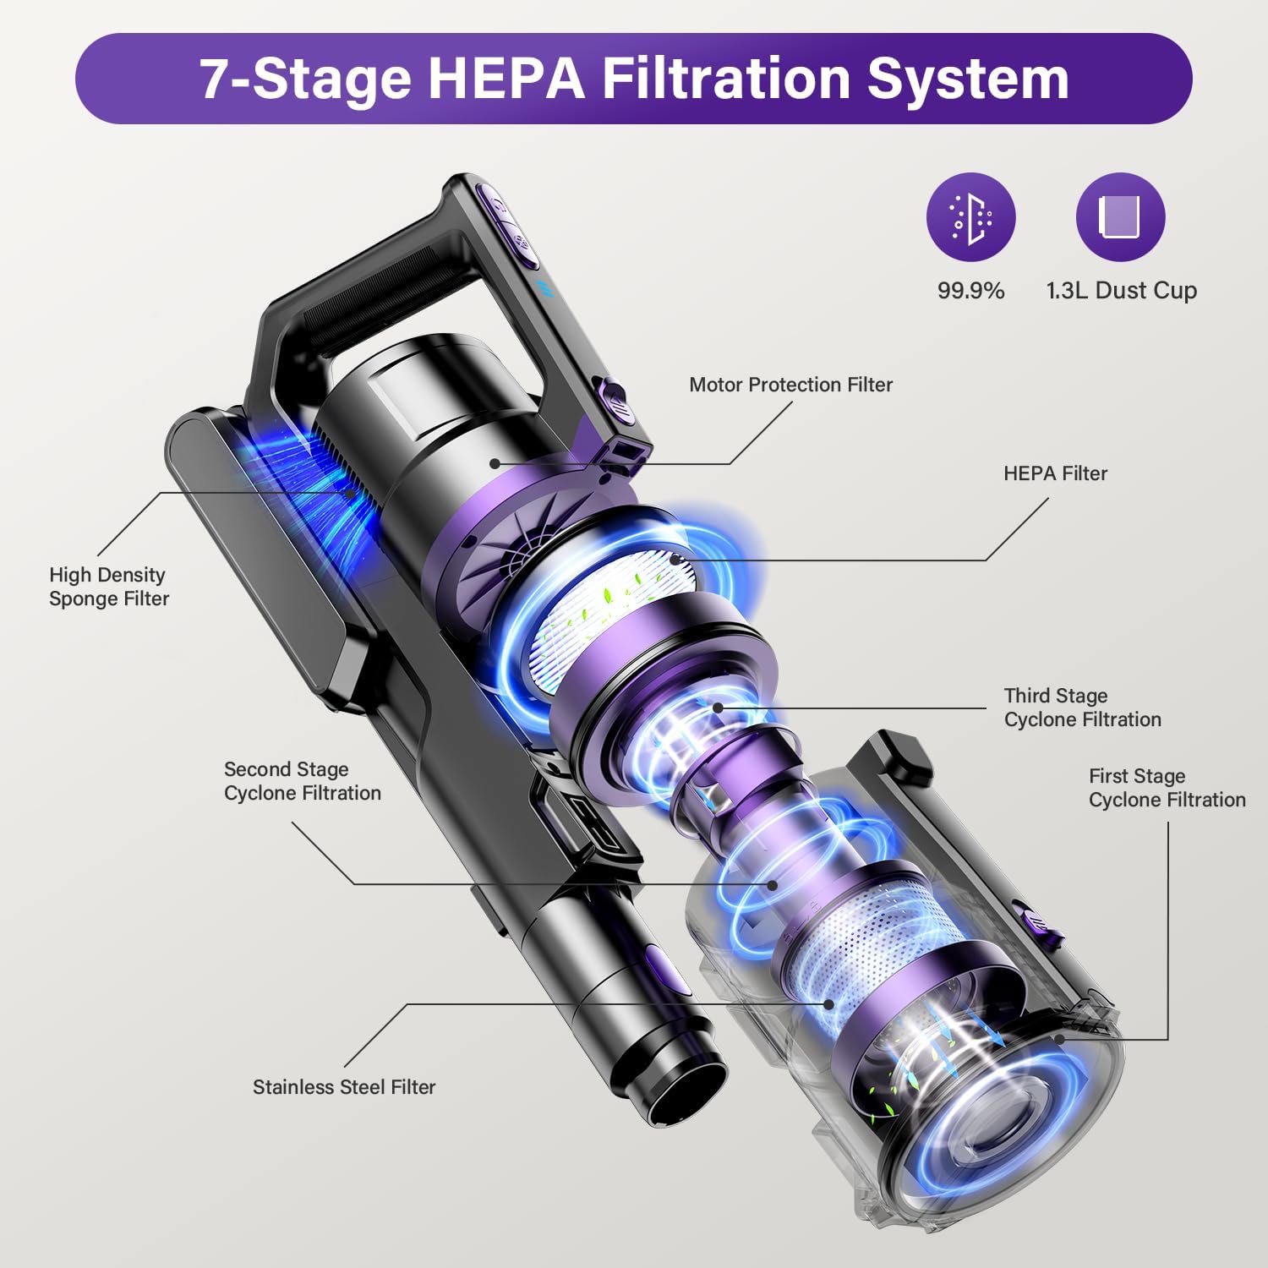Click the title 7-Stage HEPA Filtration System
(x=634, y=79)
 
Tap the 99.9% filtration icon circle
(x=970, y=217)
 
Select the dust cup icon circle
(x=1120, y=217)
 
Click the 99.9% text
(x=970, y=291)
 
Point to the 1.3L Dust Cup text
(x=1121, y=291)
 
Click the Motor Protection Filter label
(x=790, y=385)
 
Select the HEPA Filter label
(x=1055, y=473)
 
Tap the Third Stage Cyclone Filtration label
(x=1082, y=708)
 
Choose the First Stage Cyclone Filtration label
(x=1167, y=788)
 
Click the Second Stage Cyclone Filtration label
(x=302, y=781)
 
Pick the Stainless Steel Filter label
(x=344, y=1087)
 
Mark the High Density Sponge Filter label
(x=108, y=587)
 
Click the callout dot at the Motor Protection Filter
(x=495, y=463)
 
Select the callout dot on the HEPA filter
(x=674, y=559)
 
